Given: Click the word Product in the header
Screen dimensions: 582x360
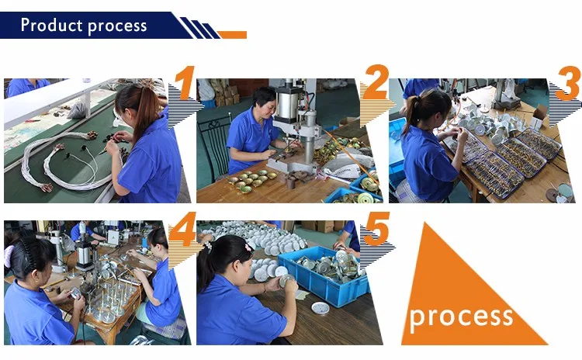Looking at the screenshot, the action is click(x=51, y=25).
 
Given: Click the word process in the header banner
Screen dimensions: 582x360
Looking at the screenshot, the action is click(x=117, y=26).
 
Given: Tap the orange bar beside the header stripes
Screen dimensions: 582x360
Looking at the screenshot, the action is click(x=233, y=35).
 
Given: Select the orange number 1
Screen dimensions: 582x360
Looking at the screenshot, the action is click(x=185, y=83).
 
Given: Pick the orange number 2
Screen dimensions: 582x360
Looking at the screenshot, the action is click(x=376, y=82).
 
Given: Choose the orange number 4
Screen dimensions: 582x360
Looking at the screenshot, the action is click(x=182, y=230).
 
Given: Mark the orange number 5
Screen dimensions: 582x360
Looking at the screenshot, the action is click(x=376, y=229).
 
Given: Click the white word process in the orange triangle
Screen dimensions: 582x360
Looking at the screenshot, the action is click(x=461, y=317).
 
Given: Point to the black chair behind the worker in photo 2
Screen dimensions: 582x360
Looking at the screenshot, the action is click(x=213, y=145).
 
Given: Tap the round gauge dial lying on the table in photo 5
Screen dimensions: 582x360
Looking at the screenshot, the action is click(x=320, y=308).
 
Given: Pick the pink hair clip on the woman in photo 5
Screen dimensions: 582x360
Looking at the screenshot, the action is click(x=248, y=247).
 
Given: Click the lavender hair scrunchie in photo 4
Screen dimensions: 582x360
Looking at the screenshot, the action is click(x=9, y=257).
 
